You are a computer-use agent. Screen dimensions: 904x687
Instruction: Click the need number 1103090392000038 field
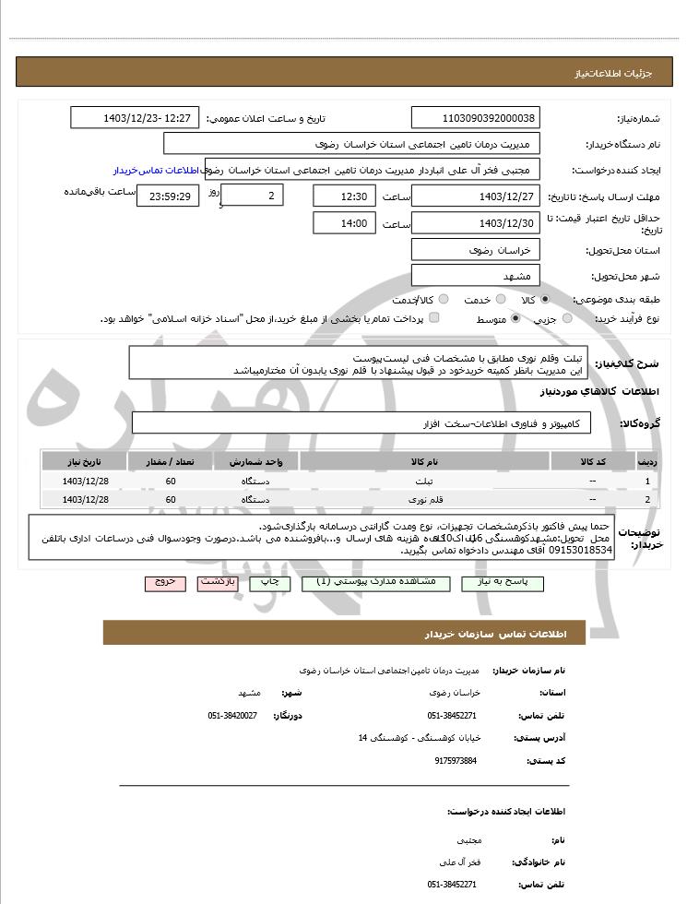pyautogui.click(x=476, y=118)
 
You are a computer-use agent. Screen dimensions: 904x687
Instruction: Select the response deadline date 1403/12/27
pyautogui.click(x=476, y=196)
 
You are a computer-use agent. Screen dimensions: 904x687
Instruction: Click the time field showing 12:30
pyautogui.click(x=344, y=196)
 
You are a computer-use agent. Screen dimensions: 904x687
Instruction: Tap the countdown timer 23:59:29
pyautogui.click(x=166, y=196)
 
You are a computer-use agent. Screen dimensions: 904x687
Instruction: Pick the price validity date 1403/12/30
pyautogui.click(x=476, y=223)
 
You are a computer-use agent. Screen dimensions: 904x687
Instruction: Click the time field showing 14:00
pyautogui.click(x=344, y=223)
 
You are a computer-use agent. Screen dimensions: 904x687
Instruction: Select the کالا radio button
pyautogui.click(x=545, y=300)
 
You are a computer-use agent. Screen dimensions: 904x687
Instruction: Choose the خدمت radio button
pyautogui.click(x=496, y=300)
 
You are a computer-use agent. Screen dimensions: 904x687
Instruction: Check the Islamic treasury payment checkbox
pyautogui.click(x=434, y=318)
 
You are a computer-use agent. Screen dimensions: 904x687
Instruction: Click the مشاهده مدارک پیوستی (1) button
pyautogui.click(x=382, y=583)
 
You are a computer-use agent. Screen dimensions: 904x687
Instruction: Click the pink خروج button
pyautogui.click(x=165, y=583)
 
